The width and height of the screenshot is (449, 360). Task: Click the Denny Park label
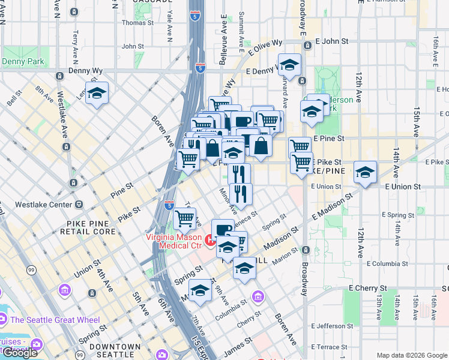tap(23, 62)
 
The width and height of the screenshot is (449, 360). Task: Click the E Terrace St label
tap(331, 347)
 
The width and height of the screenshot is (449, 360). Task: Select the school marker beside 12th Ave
tap(365, 173)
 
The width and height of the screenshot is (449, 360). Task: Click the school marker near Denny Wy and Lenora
tap(97, 94)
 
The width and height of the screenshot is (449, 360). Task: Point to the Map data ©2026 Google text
tap(412, 355)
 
